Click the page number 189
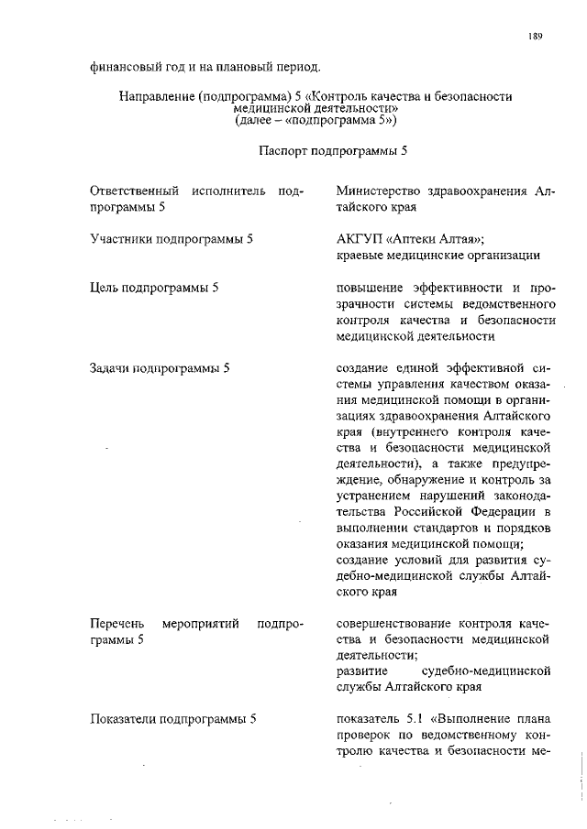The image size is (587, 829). point(537,37)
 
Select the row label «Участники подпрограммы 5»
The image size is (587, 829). point(172,239)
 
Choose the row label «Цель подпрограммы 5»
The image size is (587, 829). point(154,288)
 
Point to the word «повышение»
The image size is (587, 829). point(371,288)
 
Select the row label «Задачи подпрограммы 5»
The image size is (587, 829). point(159,369)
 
